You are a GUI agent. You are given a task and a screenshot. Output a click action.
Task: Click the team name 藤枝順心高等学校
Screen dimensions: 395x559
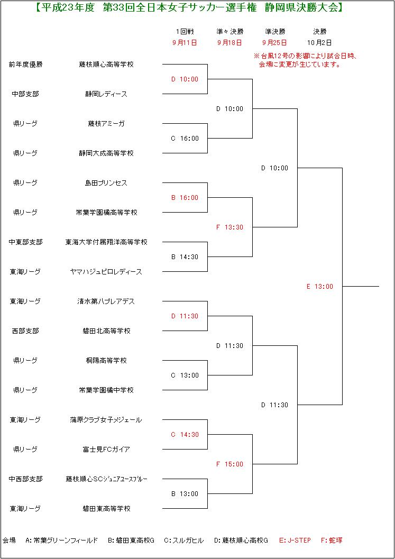106,65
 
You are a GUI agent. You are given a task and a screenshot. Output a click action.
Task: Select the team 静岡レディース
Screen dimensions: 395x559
106,94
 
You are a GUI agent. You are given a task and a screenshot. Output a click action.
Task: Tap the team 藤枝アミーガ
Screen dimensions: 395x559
106,124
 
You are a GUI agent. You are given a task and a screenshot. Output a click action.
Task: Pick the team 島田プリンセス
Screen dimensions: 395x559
106,183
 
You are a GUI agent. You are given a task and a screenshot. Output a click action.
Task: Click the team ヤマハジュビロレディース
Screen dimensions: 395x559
106,272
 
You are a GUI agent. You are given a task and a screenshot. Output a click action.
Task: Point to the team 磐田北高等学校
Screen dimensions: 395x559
106,331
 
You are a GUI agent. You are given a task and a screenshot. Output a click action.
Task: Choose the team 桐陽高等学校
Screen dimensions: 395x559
106,361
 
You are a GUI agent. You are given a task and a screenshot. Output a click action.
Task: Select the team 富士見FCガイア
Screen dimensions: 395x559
106,449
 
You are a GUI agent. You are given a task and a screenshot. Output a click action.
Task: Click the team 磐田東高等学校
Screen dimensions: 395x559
106,508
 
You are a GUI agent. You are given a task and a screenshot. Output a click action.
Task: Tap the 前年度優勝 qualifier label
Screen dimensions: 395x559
26,65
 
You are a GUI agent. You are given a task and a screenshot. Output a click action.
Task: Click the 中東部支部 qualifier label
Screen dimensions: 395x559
26,242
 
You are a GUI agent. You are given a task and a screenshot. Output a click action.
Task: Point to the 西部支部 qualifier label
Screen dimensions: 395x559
26,331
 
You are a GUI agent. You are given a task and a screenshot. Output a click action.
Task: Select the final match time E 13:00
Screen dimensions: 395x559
320,286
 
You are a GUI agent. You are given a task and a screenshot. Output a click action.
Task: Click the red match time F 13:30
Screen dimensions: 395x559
229,227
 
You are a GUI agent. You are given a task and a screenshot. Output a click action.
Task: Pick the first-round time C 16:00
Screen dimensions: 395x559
185,139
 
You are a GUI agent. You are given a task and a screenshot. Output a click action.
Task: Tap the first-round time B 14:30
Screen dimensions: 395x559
185,256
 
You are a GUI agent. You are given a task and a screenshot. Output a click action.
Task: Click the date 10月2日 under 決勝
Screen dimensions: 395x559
319,43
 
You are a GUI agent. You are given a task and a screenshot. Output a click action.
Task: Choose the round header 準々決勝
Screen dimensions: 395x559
230,32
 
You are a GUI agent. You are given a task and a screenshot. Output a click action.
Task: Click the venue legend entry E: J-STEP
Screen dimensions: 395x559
295,540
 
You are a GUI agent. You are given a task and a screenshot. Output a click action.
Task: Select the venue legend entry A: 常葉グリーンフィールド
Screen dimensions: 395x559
61,540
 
